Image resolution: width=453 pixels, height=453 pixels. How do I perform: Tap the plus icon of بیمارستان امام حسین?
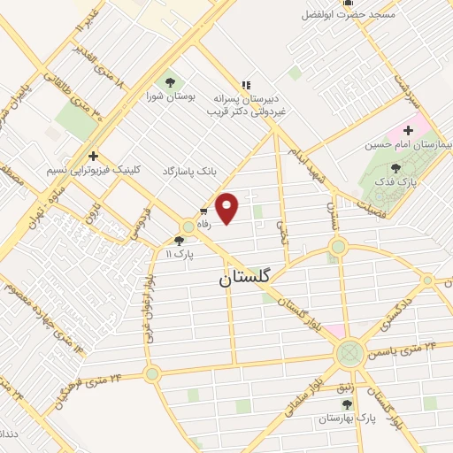pyautogui.click(x=408, y=129)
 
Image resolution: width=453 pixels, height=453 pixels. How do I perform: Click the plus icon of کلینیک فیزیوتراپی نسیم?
pyautogui.click(x=92, y=156)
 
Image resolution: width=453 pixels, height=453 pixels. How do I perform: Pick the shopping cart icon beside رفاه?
pyautogui.click(x=203, y=211)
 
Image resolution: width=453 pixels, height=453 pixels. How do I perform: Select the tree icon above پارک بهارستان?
pyautogui.click(x=347, y=403)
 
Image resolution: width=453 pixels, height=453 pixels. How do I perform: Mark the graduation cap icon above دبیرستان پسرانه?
pyautogui.click(x=242, y=86)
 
